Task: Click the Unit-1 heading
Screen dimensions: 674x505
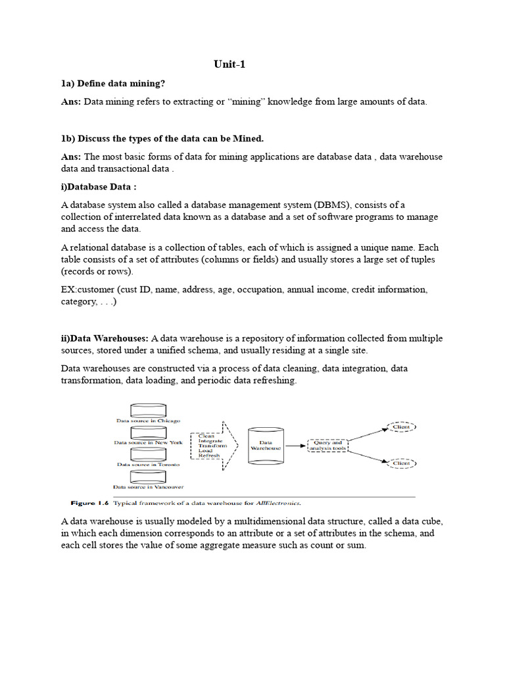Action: [x=229, y=64]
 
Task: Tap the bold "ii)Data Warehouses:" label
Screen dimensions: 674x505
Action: [x=105, y=338]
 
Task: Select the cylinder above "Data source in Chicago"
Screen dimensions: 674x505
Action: [x=148, y=411]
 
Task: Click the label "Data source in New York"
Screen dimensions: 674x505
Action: [x=148, y=442]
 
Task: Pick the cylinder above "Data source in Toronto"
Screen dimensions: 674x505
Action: [x=148, y=455]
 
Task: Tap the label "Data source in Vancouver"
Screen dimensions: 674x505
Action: [x=148, y=487]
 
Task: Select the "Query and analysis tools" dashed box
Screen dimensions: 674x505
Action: [x=327, y=446]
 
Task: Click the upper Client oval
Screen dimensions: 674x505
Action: [x=400, y=427]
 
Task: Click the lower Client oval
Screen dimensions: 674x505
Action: [x=400, y=463]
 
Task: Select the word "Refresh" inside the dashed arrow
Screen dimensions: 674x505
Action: [x=209, y=455]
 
